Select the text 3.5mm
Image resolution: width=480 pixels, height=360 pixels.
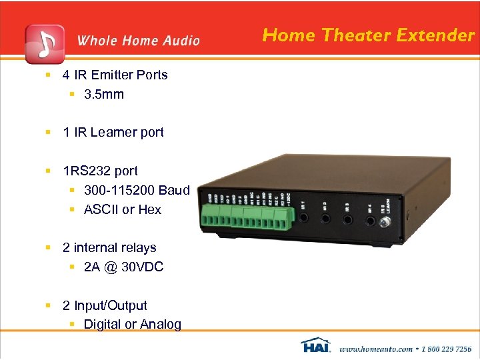pos(104,94)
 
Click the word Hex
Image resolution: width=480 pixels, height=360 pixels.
pos(149,209)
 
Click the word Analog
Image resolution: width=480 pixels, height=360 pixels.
pos(160,324)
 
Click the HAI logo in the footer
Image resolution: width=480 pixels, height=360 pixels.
pos(316,346)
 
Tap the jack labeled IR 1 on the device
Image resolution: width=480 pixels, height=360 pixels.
pos(304,219)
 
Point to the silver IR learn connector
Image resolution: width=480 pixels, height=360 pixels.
pos(385,221)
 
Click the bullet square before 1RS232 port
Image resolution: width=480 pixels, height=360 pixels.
pos(49,171)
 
